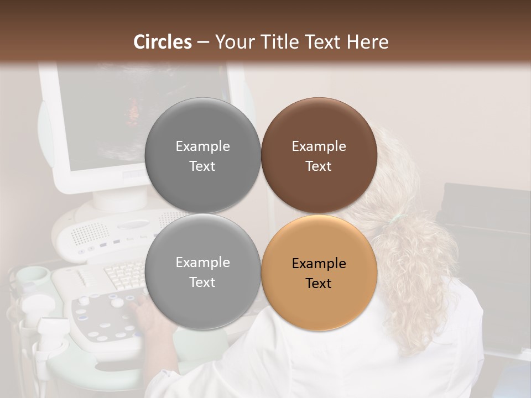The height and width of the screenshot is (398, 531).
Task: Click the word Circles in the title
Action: point(163,42)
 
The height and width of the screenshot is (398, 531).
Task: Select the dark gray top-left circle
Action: point(202,155)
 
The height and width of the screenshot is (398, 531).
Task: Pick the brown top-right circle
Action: point(319,155)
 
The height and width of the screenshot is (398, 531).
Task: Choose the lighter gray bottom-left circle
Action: point(202,271)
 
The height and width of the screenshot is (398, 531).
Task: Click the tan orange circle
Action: point(319,272)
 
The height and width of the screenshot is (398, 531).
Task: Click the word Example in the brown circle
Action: point(319,146)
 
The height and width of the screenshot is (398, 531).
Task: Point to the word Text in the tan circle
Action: point(319,284)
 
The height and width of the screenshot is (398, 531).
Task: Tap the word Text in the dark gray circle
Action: point(202,166)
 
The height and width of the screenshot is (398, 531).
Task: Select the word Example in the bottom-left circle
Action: point(202,262)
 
